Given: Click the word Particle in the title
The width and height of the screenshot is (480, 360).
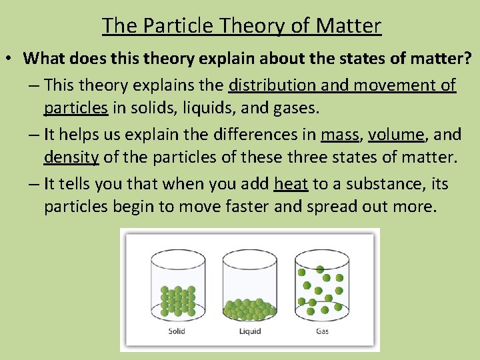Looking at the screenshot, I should pyautogui.click(x=174, y=25).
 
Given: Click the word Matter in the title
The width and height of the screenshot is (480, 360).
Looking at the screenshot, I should pyautogui.click(x=349, y=25).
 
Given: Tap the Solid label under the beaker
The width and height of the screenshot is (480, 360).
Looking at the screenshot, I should pyautogui.click(x=177, y=331).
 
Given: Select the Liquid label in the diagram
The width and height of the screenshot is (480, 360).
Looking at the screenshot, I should pyautogui.click(x=249, y=331).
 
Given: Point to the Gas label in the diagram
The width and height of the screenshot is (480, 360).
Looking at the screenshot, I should pyautogui.click(x=321, y=331).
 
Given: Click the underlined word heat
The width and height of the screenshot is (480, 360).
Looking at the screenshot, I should pyautogui.click(x=291, y=183).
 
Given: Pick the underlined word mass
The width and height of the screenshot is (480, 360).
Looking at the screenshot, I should pyautogui.click(x=339, y=134).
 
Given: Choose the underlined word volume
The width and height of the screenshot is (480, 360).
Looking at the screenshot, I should pyautogui.click(x=396, y=134).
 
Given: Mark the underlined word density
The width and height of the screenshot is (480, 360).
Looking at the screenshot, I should pyautogui.click(x=71, y=158).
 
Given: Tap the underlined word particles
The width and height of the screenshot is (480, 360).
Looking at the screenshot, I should pyautogui.click(x=71, y=109).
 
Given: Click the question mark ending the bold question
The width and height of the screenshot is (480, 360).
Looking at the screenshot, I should pyautogui.click(x=467, y=58).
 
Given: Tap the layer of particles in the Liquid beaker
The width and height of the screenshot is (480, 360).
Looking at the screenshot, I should pyautogui.click(x=249, y=308).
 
